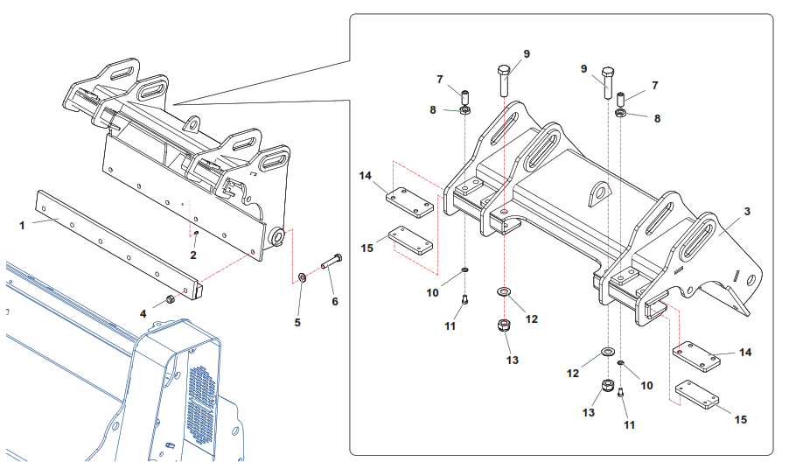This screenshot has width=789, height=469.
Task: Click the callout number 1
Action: pos(22,226)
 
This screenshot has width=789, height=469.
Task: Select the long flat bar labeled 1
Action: pos(119,245)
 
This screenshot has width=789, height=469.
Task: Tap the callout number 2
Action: pos(193,255)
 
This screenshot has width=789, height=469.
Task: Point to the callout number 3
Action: pos(747,212)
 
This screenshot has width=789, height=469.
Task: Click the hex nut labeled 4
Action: pos(171,299)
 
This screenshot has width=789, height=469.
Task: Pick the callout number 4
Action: pos(143,314)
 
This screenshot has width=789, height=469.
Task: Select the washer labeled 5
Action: pos(302,276)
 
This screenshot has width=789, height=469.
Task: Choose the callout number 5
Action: pos(297,322)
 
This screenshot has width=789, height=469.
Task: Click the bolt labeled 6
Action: pos(332,262)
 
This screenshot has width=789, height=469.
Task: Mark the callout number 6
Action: pos(335,301)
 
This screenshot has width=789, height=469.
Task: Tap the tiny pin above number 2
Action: pos(196,233)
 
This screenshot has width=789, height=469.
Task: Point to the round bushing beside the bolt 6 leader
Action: pos(276,236)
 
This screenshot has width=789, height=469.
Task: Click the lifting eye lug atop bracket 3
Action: pos(600,193)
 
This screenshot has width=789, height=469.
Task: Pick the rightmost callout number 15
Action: pos(741,420)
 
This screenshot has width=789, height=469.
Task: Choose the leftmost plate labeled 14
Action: pos(410,202)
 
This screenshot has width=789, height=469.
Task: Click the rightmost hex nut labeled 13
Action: pos(608,387)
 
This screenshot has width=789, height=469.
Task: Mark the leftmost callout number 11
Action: pos(450,326)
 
